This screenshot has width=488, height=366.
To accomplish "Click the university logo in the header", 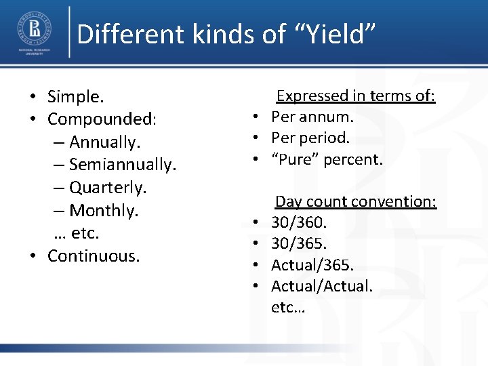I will coord(34,33).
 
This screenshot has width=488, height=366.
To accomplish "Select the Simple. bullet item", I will coord(75,98).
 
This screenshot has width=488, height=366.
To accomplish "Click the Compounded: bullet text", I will coord(102,120).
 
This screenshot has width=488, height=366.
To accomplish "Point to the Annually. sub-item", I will coord(104,142).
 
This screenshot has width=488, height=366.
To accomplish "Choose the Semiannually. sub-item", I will coord(122,165).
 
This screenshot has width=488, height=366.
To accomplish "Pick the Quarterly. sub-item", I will coord(108,187).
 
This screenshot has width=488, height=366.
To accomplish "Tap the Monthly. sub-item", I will coord(104,210).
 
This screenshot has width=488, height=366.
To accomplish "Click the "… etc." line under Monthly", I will coord(76,232).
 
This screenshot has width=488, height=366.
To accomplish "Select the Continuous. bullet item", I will coord(94,256).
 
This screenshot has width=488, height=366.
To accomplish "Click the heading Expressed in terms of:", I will coord(355,96).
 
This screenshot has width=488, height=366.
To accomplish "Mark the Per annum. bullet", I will coord(312,117).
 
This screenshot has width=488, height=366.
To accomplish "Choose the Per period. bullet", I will coord(310,138).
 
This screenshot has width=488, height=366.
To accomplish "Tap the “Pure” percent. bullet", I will coord(327,160).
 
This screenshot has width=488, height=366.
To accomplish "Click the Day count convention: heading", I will coord(355,202).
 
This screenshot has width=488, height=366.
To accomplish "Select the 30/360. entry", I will coord(299,222).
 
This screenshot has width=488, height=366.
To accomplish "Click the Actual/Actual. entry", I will coord(321,286).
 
